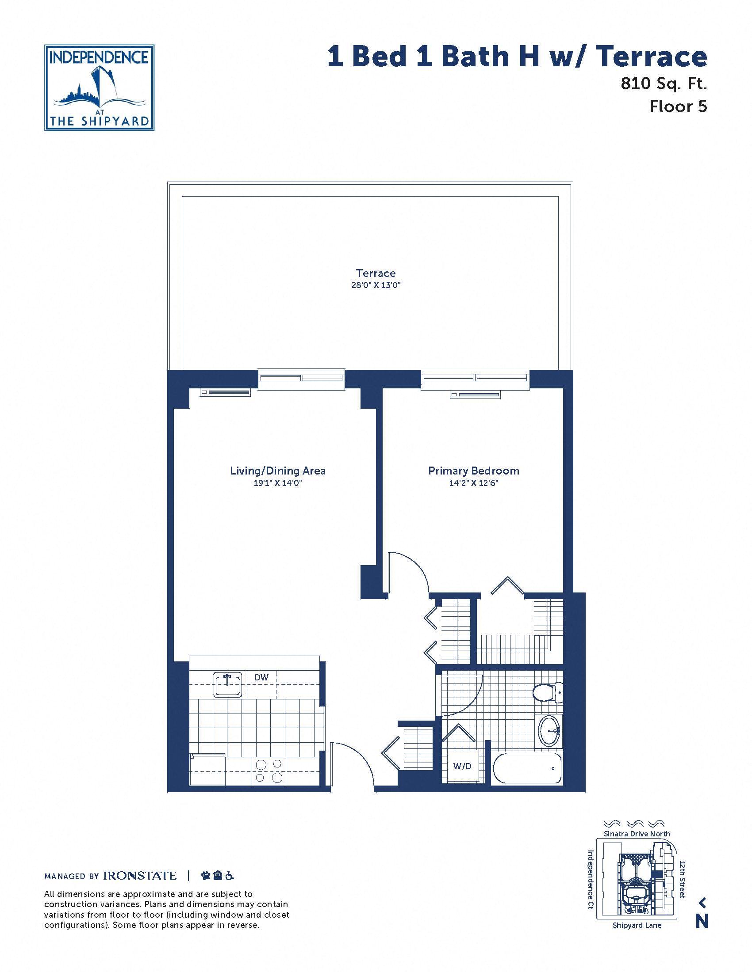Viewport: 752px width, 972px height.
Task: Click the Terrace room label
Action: pos(376,273)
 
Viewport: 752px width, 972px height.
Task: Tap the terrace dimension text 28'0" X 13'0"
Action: pos(376,285)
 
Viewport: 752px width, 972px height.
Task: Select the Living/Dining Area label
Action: pos(277,471)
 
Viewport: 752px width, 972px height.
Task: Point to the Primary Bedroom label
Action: pos(474,471)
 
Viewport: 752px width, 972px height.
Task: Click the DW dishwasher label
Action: pos(261,677)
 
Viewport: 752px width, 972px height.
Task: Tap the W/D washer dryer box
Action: pos(462,767)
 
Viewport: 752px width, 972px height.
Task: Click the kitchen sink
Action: pos(228,685)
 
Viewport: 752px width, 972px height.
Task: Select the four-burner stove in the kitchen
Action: pos(269,771)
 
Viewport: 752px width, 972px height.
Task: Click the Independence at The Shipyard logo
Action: pos(100,87)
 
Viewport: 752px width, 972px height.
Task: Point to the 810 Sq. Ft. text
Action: pos(664,83)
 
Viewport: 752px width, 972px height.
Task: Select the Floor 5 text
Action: pos(679,106)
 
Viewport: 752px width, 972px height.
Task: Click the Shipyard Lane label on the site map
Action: pos(637,925)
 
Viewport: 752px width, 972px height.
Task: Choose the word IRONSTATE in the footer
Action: pos(140,876)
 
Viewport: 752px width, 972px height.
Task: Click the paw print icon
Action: pos(205,876)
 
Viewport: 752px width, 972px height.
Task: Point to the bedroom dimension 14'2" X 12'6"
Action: pos(474,483)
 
